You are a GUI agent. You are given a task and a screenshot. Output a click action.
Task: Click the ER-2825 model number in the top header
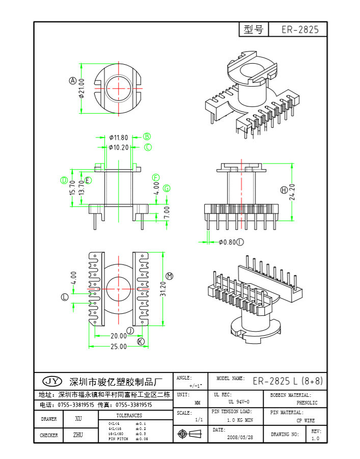[300, 30]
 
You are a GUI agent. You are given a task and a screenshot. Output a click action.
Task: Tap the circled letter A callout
[73, 80]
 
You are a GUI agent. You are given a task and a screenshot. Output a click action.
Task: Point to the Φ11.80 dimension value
[119, 138]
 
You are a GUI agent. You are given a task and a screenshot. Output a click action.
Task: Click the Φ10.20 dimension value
[119, 148]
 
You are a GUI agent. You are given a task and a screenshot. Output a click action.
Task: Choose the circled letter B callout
[147, 137]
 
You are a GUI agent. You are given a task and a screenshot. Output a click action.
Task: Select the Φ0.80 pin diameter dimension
[227, 242]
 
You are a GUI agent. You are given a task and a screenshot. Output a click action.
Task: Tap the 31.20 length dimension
[163, 288]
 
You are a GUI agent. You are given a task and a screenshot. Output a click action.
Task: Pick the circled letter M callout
[170, 276]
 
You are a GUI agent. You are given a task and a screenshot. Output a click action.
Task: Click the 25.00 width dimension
[119, 347]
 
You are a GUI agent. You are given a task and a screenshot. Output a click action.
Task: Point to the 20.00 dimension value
[119, 336]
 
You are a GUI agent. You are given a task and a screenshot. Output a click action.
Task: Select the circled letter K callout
[141, 341]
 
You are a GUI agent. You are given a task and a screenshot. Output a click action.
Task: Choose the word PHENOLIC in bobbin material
[307, 403]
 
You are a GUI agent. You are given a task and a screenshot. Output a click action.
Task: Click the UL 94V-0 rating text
[239, 402]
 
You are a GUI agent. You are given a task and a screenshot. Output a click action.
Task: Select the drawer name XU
[78, 419]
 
